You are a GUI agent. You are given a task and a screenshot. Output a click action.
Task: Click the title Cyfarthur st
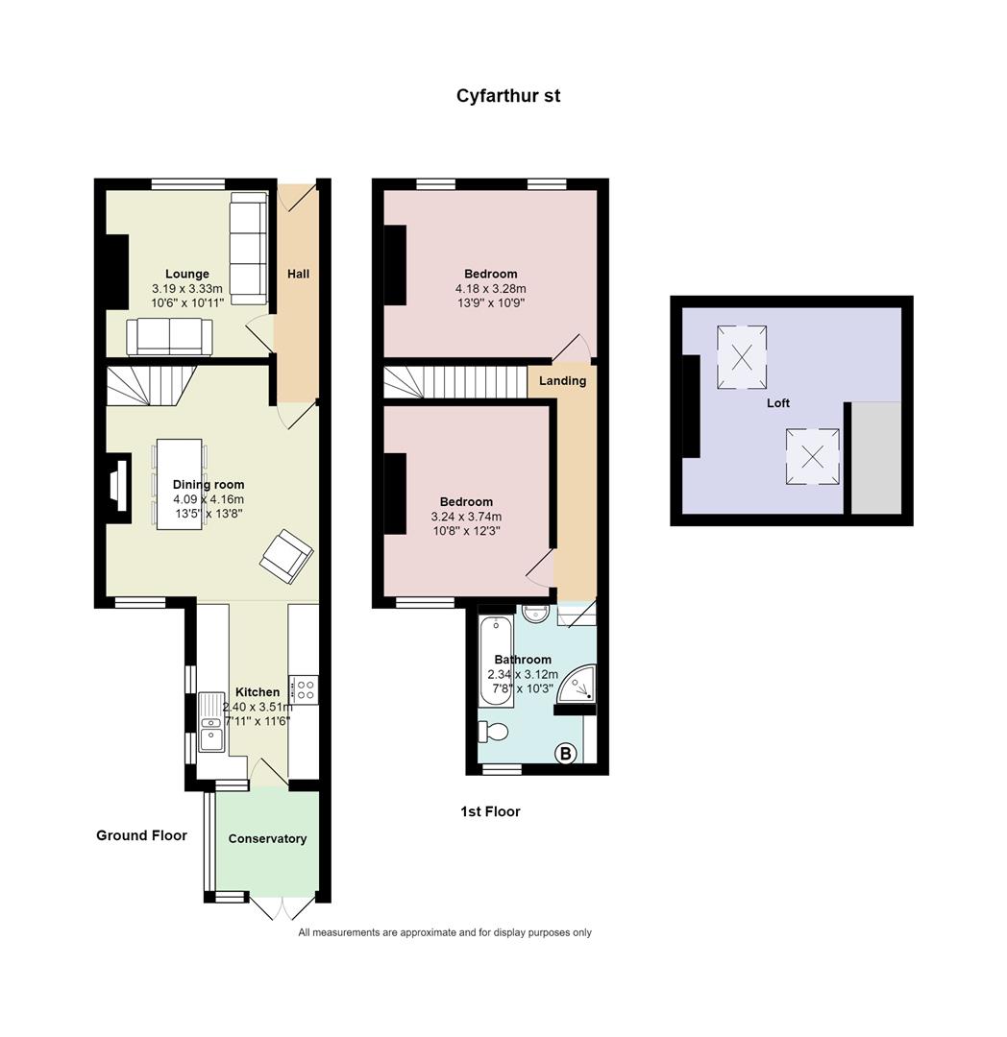tap(507, 96)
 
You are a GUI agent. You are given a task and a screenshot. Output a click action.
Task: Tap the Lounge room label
tap(186, 274)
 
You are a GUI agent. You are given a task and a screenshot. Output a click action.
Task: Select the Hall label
tap(298, 274)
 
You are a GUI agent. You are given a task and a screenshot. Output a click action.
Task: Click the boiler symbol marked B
tap(565, 754)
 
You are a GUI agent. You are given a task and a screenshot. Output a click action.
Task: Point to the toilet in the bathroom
tap(495, 732)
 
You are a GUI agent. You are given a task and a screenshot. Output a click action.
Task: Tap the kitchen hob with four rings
tap(307, 688)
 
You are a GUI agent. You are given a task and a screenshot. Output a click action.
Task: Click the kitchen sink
tap(210, 734)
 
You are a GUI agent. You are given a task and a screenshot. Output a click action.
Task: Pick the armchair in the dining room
tap(286, 556)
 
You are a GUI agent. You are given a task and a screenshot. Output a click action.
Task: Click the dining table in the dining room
tap(179, 484)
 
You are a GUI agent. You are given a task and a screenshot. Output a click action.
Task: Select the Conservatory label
tap(267, 838)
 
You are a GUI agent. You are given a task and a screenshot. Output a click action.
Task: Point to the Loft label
tap(777, 403)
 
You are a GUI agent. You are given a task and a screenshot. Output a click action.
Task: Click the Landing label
tap(562, 380)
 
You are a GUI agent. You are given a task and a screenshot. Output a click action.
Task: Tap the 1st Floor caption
tap(490, 811)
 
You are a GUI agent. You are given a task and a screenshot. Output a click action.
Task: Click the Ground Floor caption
tap(141, 835)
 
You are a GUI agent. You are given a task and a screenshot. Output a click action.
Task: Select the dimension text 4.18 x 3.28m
tap(490, 288)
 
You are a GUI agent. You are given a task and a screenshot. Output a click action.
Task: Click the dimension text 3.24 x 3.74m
tap(466, 516)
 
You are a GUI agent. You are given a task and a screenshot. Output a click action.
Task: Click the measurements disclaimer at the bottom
tap(445, 932)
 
